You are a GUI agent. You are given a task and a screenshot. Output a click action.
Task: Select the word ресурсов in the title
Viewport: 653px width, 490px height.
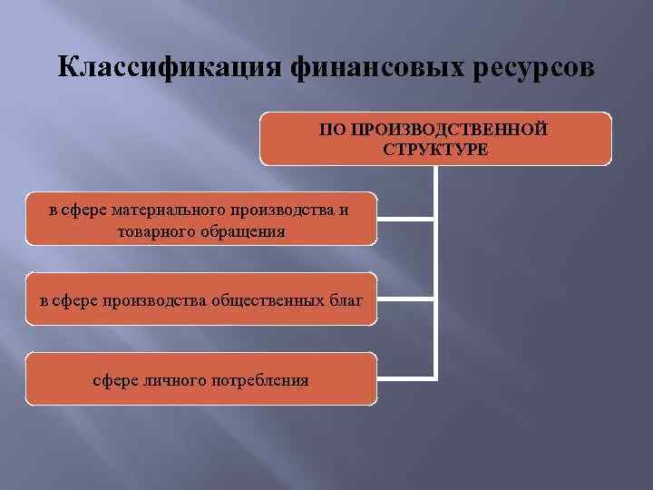536,68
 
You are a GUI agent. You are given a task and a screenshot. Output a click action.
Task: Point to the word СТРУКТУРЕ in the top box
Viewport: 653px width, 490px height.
435,149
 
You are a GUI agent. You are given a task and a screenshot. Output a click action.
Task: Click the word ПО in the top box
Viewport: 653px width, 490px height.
329,130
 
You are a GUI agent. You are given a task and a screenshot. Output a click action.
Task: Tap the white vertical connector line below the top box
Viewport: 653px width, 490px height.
436,272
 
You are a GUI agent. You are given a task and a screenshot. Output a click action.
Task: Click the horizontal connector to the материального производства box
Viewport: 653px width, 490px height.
405,220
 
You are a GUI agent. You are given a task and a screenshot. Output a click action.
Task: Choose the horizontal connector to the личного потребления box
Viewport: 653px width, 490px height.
405,377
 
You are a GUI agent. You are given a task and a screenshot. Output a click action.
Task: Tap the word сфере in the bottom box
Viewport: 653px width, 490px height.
115,379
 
